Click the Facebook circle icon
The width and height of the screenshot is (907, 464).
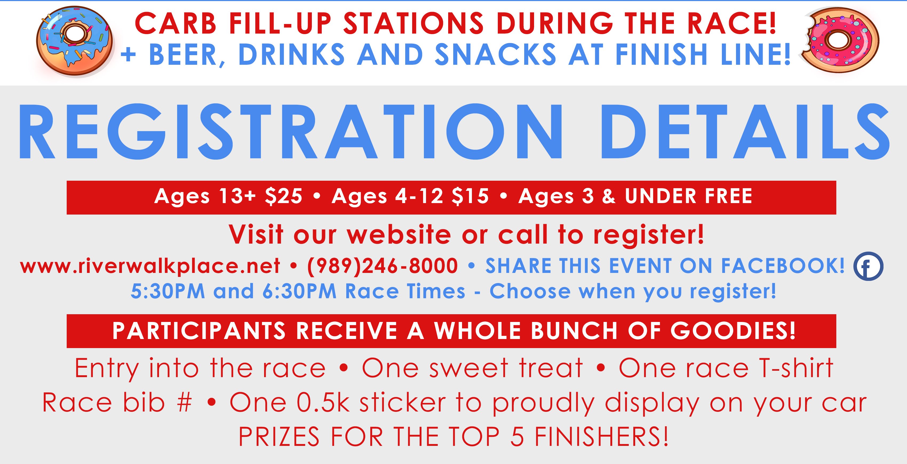[868, 266]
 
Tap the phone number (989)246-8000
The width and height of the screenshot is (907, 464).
[382, 266]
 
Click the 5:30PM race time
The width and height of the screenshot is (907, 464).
[168, 291]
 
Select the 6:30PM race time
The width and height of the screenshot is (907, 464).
[299, 291]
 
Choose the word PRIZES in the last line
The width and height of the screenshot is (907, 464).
[279, 437]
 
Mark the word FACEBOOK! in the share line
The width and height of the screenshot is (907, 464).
[783, 266]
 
